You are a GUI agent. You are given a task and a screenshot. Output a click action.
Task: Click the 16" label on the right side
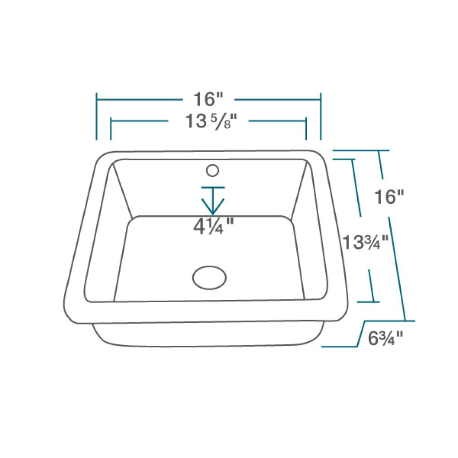389,197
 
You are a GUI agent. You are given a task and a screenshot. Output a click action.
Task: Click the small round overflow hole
212,170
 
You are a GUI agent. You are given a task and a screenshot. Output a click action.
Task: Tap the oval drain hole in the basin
209,277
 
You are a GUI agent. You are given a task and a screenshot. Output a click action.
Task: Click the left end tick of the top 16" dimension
97,116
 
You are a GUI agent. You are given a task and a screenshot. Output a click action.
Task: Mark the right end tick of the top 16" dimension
320,116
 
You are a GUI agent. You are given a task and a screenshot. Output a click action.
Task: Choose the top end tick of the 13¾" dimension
344,159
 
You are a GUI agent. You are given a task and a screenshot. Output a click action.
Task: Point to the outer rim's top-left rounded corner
102,156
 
